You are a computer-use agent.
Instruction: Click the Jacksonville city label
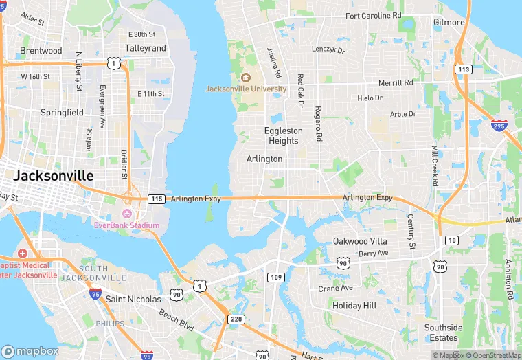(x=53, y=176)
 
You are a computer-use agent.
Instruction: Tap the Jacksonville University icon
(x=246, y=77)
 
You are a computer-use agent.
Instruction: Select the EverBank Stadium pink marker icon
(x=126, y=213)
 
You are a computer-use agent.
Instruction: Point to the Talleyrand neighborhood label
(x=146, y=49)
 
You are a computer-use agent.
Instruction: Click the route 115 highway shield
(x=157, y=199)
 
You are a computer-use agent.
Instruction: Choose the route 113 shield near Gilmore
(x=464, y=69)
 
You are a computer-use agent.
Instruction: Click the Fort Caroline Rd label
(x=374, y=15)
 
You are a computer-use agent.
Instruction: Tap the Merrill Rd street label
(x=396, y=82)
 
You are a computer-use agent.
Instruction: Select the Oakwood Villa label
(x=360, y=241)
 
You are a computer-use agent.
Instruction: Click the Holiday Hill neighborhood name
(x=354, y=305)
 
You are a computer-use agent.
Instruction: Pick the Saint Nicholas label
(x=133, y=299)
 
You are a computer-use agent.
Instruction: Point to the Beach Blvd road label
(x=176, y=317)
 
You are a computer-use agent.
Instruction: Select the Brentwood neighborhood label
(x=41, y=51)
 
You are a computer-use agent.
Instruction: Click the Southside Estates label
(x=443, y=333)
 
